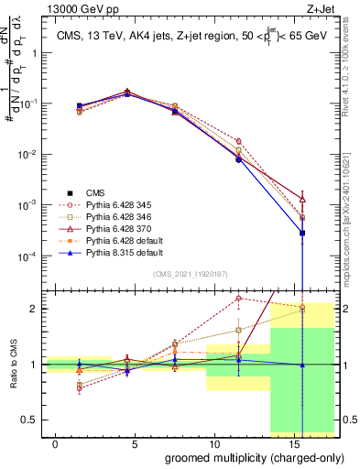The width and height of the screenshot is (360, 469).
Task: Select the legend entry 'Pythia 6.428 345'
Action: pos(122,207)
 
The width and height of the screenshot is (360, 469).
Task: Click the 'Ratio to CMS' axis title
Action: pos(12,363)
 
